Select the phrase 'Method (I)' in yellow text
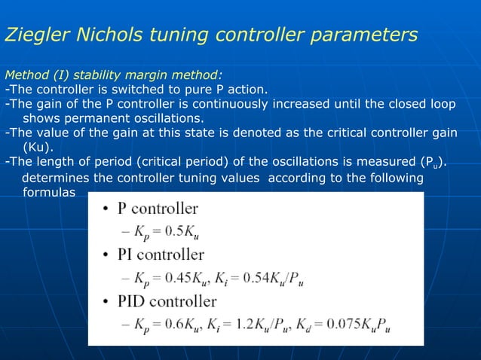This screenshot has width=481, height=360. tap(38, 75)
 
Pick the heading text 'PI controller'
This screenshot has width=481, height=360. tap(158, 255)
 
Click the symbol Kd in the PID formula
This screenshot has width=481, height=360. tap(310, 325)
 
